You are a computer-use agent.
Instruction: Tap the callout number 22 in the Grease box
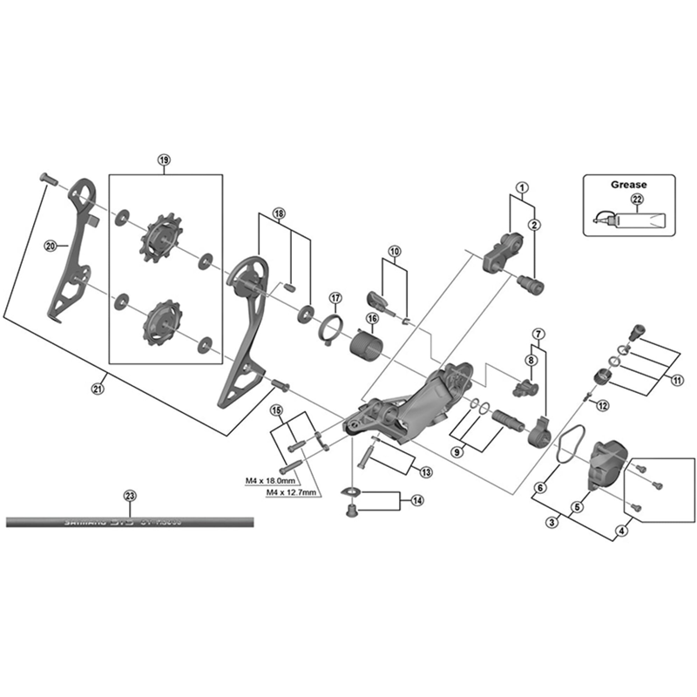click(x=637, y=200)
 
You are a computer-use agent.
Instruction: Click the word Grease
click(x=627, y=185)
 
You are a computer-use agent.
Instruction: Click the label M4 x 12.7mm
click(x=292, y=491)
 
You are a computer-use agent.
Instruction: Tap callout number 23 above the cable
click(x=130, y=496)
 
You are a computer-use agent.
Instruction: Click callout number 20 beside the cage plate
click(x=50, y=246)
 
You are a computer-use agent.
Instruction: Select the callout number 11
click(x=677, y=380)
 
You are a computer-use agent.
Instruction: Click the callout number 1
click(x=522, y=187)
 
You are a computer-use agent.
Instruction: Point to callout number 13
click(x=425, y=472)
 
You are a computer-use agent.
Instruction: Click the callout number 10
click(x=394, y=251)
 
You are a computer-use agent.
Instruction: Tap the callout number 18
click(x=279, y=213)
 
